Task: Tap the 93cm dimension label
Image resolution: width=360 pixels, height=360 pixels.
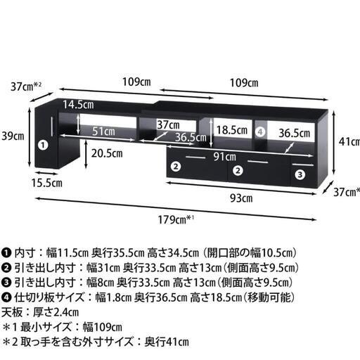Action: [x=241, y=198]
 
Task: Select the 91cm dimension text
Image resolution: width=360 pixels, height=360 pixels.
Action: [x=224, y=157]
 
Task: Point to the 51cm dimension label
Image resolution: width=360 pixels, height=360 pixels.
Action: [x=103, y=131]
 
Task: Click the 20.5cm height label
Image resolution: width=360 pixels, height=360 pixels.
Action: [x=107, y=153]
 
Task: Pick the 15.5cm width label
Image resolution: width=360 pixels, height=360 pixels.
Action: [x=47, y=183]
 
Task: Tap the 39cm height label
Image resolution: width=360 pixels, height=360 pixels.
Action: [x=13, y=136]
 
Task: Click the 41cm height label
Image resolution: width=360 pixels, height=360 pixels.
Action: [x=349, y=141]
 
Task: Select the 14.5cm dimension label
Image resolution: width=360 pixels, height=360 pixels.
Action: [x=78, y=105]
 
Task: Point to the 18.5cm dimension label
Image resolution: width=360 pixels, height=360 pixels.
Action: [x=231, y=130]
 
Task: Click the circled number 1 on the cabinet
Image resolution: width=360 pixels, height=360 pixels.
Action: [x=43, y=146]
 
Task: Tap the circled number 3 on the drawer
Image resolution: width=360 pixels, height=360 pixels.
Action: [x=300, y=174]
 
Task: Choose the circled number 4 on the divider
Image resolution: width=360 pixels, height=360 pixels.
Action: [x=260, y=132]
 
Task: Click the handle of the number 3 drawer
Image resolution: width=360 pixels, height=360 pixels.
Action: [x=302, y=165]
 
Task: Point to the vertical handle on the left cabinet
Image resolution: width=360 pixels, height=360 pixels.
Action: [x=52, y=126]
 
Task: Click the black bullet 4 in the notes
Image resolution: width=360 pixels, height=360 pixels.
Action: [x=6, y=297]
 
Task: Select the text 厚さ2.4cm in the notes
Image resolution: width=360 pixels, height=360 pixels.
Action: [x=56, y=312]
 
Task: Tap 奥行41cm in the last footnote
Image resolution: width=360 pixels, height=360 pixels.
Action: [x=167, y=342]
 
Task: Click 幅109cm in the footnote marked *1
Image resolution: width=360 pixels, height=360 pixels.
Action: [x=103, y=327]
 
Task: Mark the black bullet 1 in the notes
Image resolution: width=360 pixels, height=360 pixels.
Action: [x=6, y=253]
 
